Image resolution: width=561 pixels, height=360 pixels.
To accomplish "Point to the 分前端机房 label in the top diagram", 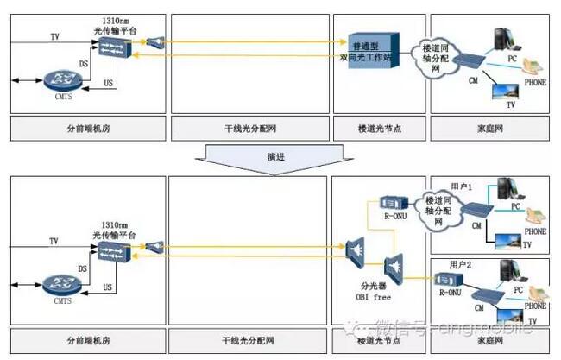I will pyautogui.click(x=87, y=128).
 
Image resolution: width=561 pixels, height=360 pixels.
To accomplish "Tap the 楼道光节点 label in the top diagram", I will pyautogui.click(x=376, y=128).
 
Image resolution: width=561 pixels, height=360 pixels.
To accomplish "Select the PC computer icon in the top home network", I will pyautogui.click(x=502, y=41).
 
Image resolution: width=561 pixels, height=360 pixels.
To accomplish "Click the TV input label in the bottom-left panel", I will pyautogui.click(x=54, y=241).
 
